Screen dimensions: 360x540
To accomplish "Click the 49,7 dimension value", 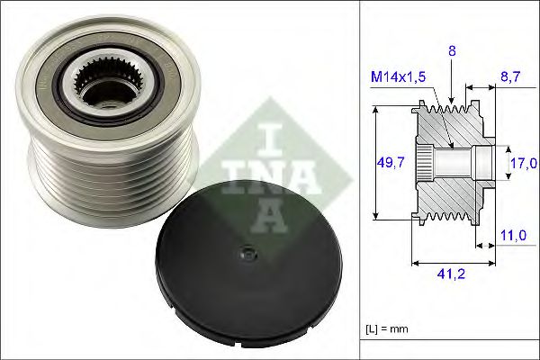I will pos(390,162).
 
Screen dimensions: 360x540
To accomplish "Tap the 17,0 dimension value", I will pos(525,163).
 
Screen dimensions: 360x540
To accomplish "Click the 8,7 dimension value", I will pos(510,79).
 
